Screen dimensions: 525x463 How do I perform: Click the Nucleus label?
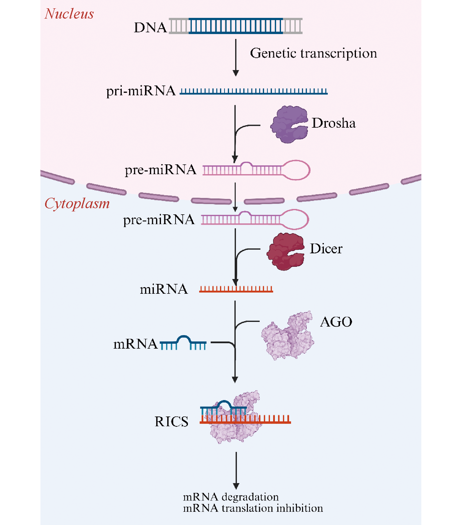point(69,14)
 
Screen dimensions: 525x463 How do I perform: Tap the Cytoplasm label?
point(77,203)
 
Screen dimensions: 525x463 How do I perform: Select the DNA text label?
point(150,27)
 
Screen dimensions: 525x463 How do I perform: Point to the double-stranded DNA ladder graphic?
point(235,26)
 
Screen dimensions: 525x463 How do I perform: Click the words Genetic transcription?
point(313,53)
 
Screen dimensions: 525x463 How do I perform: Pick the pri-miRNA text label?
point(141,91)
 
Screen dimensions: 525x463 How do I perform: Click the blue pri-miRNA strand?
point(254,91)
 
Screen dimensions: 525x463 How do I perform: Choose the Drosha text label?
point(334,123)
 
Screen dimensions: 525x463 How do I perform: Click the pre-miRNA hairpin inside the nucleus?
point(256,170)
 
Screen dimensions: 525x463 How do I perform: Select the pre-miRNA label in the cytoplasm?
point(159,220)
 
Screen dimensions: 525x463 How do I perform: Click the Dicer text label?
point(326,249)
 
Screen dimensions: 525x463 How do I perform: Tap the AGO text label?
point(336,322)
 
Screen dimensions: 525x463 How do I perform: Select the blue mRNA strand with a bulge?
point(183,343)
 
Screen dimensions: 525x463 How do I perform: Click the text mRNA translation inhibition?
point(253,508)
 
